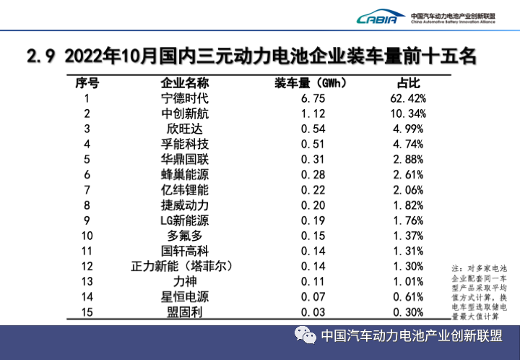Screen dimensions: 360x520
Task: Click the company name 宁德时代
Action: click(184, 98)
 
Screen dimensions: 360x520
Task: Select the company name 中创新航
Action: click(184, 113)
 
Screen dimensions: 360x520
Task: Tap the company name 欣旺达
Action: click(184, 129)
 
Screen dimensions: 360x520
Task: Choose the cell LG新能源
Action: click(184, 220)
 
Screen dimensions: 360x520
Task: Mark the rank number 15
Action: click(87, 312)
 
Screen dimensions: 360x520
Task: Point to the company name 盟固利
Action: click(184, 312)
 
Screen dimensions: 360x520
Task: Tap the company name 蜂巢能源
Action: click(184, 174)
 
